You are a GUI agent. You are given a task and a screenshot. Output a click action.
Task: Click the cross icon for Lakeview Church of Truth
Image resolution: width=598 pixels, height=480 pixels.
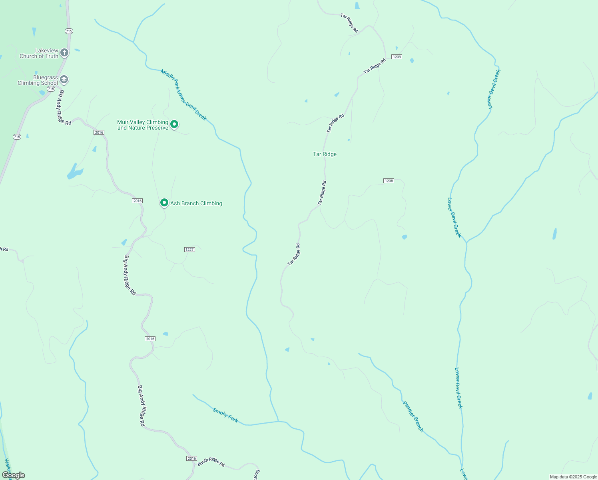click(x=64, y=52)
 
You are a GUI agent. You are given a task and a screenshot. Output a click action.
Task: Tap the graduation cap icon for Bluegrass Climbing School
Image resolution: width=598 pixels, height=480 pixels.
click(x=64, y=80)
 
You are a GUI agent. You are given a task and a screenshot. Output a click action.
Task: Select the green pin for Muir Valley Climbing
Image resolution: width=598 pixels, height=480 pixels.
click(x=174, y=124)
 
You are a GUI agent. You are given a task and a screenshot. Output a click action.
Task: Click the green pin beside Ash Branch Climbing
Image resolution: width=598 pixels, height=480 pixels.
click(x=164, y=203)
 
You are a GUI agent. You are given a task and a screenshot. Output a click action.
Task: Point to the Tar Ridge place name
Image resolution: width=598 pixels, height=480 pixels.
click(x=325, y=154)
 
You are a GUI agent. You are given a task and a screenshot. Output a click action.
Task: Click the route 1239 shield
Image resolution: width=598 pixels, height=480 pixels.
click(x=397, y=57)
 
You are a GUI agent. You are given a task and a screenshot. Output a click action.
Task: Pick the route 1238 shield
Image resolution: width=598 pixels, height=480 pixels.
click(x=389, y=181)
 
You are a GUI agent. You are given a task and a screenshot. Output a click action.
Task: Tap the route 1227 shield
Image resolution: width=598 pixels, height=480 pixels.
click(x=189, y=250)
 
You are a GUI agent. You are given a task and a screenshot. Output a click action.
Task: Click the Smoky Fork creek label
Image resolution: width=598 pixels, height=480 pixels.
click(x=225, y=415)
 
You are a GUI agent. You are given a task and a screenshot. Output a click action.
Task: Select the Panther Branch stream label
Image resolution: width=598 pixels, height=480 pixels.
click(x=413, y=416)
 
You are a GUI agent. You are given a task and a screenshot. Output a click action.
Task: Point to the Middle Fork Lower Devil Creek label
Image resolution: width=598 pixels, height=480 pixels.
click(x=183, y=95)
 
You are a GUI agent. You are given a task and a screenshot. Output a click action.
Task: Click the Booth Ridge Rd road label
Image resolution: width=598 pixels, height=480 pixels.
click(x=211, y=462)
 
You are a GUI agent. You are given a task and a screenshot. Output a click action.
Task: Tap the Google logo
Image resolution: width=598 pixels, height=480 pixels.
click(x=14, y=475)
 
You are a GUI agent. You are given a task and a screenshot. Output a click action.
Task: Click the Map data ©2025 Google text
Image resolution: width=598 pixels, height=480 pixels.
click(x=573, y=477)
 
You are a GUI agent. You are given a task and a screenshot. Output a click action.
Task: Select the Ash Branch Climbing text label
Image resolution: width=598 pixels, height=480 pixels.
click(x=196, y=203)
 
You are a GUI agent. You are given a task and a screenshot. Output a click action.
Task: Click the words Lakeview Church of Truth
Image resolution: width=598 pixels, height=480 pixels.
click(x=39, y=53)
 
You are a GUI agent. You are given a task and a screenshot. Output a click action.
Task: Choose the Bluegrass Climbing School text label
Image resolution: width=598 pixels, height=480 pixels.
click(x=38, y=80)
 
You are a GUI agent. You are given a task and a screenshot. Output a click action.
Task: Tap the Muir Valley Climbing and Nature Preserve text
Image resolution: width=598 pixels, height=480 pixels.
click(x=143, y=125)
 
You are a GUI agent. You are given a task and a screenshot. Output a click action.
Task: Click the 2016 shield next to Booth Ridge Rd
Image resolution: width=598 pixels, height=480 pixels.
click(x=192, y=458)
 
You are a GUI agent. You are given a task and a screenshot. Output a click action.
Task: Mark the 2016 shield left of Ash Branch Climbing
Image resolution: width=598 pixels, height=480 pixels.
click(x=138, y=201)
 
